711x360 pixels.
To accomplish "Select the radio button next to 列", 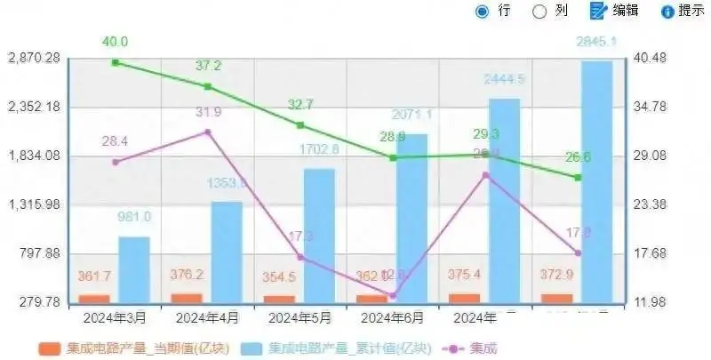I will point(539,11).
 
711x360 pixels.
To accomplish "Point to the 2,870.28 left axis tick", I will point(34,58).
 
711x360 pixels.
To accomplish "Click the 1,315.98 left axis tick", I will point(34,204).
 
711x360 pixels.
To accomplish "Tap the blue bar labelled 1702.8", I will point(319,235).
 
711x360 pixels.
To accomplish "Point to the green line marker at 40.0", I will point(116,62).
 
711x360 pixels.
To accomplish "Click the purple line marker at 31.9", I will point(208,132).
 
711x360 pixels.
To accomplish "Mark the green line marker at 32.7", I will point(300,125).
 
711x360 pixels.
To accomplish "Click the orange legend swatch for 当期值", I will point(51,348).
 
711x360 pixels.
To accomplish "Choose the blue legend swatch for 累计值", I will point(252,348).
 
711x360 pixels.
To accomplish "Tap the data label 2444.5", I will point(504,79).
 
